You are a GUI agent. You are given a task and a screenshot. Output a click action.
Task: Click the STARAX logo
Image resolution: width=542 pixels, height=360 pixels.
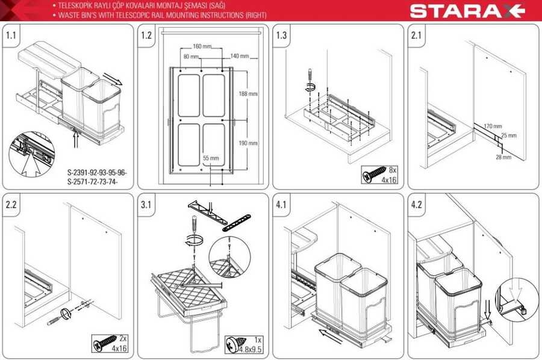pyautogui.click(x=467, y=11)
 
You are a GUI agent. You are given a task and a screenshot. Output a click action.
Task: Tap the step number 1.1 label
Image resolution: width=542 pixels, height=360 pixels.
pyautogui.click(x=11, y=35)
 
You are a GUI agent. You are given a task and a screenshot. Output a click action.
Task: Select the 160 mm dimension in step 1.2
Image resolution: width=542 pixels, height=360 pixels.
pyautogui.click(x=202, y=46)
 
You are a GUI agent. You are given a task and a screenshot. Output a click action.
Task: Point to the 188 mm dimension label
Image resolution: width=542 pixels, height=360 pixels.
pyautogui.click(x=248, y=94)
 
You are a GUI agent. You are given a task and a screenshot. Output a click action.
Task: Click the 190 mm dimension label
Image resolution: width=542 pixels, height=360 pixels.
pyautogui.click(x=248, y=143)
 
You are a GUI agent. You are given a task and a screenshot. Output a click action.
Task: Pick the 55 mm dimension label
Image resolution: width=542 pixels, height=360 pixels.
pyautogui.click(x=211, y=158)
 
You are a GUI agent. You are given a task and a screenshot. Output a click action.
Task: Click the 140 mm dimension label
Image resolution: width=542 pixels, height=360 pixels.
pyautogui.click(x=240, y=55)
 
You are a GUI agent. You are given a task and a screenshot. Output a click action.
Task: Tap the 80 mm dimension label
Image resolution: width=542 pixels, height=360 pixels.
pyautogui.click(x=191, y=57)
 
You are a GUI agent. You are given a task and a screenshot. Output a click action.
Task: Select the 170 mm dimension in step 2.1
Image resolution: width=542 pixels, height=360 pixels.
pyautogui.click(x=493, y=126)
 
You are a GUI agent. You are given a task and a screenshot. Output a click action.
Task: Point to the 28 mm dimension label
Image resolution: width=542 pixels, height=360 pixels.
pyautogui.click(x=503, y=157)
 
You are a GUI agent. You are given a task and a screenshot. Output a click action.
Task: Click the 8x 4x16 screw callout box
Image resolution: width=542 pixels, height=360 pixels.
pyautogui.click(x=379, y=175)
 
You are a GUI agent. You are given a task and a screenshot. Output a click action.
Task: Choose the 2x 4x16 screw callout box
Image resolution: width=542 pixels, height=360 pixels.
pyautogui.click(x=110, y=343)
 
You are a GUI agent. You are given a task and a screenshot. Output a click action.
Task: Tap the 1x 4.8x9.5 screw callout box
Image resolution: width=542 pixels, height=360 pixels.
pyautogui.click(x=243, y=344)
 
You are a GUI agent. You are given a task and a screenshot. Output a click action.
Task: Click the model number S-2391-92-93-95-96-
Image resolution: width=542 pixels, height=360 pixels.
pyautogui.click(x=97, y=172)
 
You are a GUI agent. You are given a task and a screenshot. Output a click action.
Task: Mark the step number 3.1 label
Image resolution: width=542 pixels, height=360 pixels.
pyautogui.click(x=146, y=205)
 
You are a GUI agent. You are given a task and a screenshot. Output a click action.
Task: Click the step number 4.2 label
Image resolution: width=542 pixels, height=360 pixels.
pyautogui.click(x=416, y=205)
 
